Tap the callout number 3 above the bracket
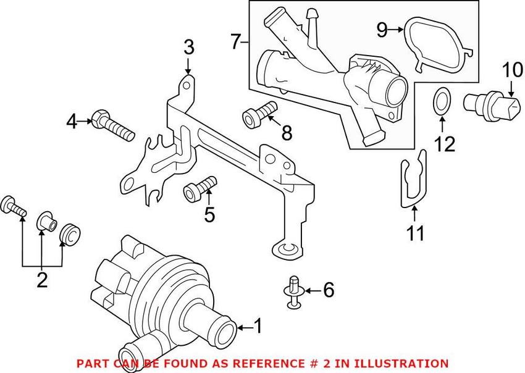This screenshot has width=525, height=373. click(189, 46)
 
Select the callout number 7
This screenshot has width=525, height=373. click(235, 42)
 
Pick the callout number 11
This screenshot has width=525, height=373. click(416, 233)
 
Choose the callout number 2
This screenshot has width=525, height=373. click(42, 280)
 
